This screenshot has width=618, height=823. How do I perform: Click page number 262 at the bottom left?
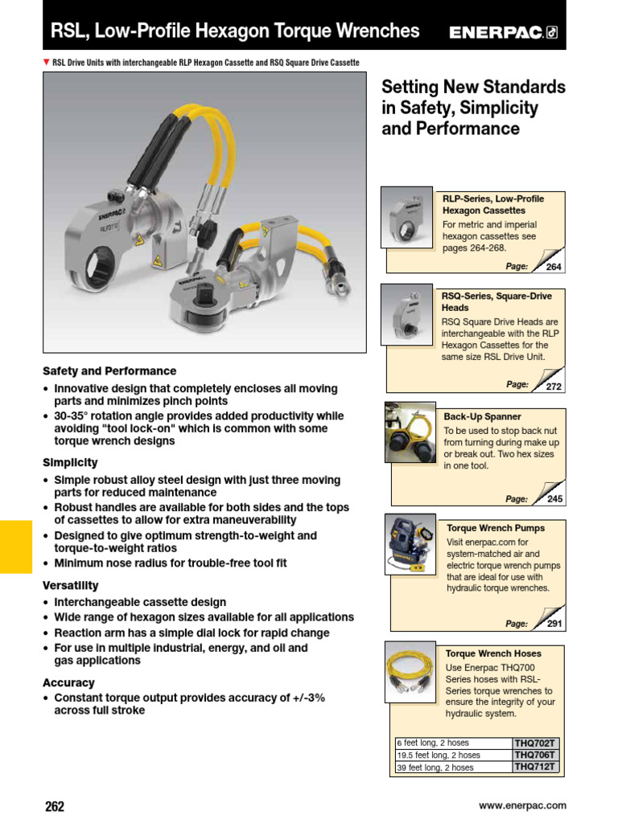[x=54, y=806]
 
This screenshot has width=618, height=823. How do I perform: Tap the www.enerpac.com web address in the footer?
[x=522, y=805]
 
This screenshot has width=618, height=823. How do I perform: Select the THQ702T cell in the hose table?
[x=535, y=743]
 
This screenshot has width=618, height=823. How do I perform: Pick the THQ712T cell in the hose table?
[x=535, y=768]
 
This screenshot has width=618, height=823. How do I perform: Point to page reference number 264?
[x=554, y=267]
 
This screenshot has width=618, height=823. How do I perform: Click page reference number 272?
[x=554, y=387]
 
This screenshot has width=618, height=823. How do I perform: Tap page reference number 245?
[x=554, y=499]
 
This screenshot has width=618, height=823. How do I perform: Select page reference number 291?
[x=554, y=624]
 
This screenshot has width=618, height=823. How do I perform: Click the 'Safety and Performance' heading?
[x=109, y=371]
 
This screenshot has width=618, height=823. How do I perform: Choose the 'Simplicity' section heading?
[x=70, y=463]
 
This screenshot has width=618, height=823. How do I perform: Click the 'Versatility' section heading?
[x=71, y=586]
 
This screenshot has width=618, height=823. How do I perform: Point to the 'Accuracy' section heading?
[x=68, y=683]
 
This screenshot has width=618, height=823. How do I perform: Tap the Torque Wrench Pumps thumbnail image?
[x=410, y=544]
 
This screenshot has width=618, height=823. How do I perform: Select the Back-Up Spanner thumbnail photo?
[x=410, y=432]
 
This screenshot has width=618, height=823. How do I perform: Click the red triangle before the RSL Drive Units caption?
[x=47, y=63]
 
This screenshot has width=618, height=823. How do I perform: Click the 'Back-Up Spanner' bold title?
[x=482, y=417]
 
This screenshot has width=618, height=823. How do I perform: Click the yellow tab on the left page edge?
[x=15, y=547]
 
